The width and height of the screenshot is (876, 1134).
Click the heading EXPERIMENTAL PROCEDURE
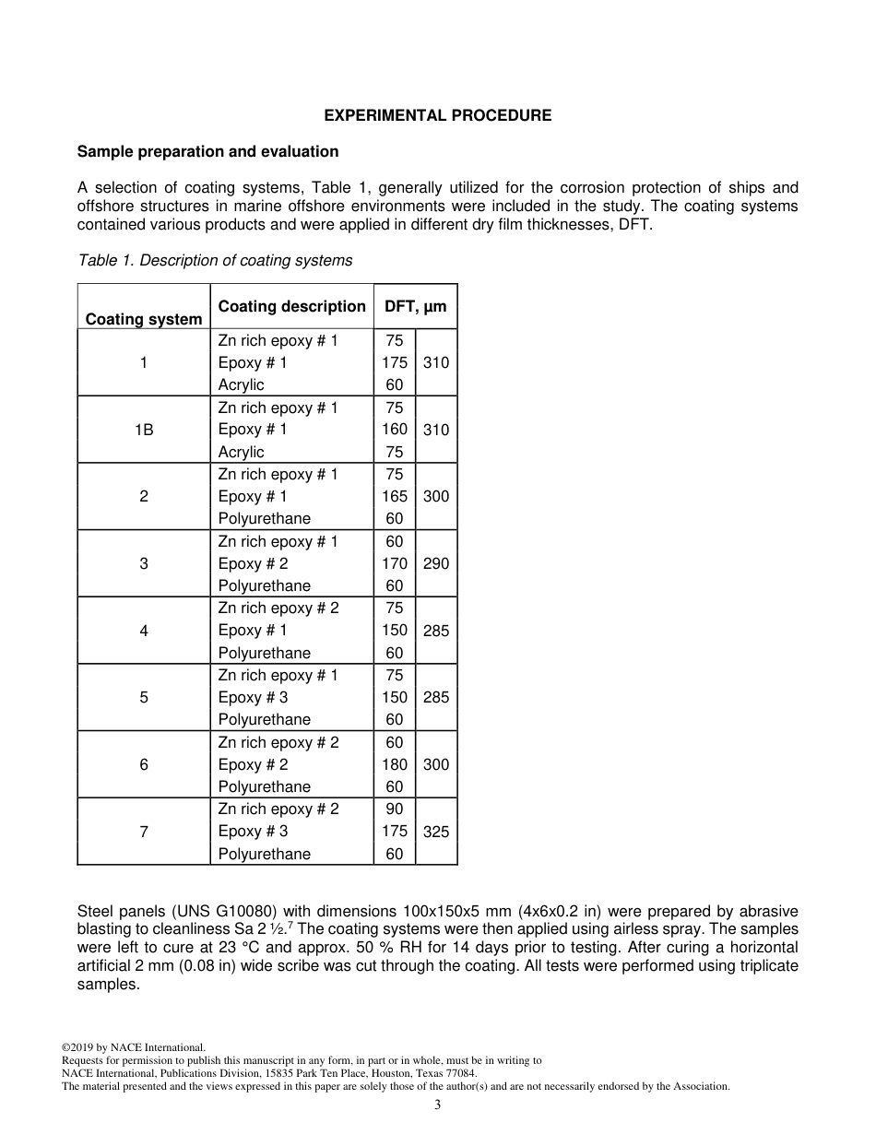[437, 115]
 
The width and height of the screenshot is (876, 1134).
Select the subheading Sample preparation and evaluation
[207, 151]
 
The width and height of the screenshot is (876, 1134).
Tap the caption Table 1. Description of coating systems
[215, 260]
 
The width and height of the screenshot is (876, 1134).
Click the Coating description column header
[291, 306]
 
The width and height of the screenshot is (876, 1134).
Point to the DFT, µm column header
[415, 306]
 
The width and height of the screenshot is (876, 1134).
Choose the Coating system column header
[144, 319]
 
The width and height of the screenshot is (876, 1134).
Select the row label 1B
[144, 430]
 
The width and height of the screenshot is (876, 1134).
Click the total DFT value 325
[436, 832]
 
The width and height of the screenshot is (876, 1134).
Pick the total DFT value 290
[436, 563]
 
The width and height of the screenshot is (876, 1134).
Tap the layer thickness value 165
[395, 496]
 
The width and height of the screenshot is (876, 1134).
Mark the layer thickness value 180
[395, 764]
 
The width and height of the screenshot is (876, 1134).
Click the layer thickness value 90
[395, 809]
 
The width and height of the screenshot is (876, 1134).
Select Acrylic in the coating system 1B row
[241, 452]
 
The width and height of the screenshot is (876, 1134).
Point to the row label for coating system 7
[144, 832]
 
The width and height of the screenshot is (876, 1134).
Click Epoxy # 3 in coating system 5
[253, 697]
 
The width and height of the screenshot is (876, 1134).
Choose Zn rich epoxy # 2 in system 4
[278, 608]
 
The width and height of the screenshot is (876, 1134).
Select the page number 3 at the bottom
[438, 1105]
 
